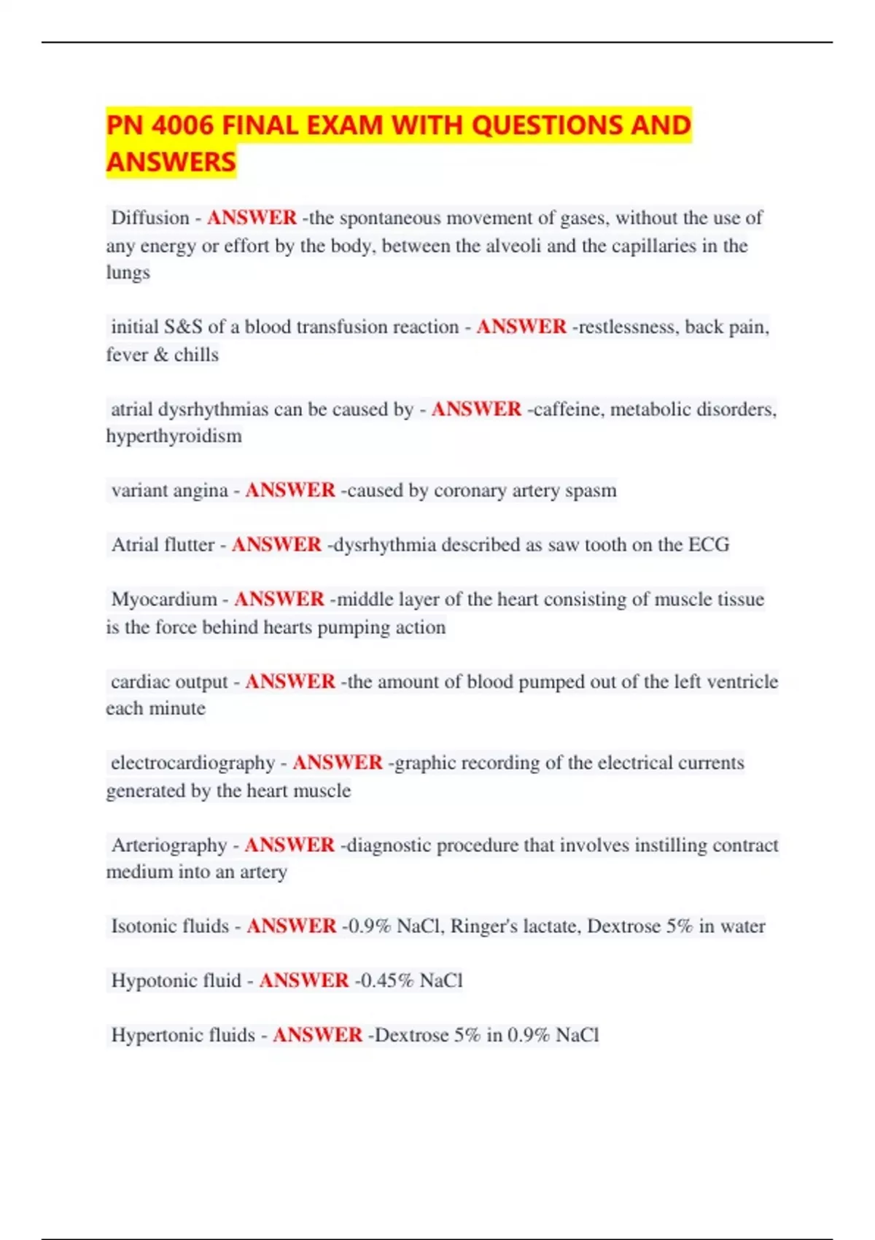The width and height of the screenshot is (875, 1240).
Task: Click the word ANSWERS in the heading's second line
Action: click(171, 162)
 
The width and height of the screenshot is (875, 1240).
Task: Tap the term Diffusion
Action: click(149, 218)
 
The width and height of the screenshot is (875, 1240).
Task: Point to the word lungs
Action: click(128, 273)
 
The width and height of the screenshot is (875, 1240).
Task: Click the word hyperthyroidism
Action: click(174, 436)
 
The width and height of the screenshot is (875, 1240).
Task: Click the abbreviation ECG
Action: click(709, 545)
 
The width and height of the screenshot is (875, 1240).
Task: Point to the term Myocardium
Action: click(164, 600)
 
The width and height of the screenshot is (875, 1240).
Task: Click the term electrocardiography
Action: click(192, 763)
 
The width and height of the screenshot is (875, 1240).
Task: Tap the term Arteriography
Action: click(169, 845)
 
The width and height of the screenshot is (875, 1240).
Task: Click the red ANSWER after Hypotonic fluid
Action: click(304, 980)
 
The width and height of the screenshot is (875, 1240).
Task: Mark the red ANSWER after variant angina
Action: click(290, 490)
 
